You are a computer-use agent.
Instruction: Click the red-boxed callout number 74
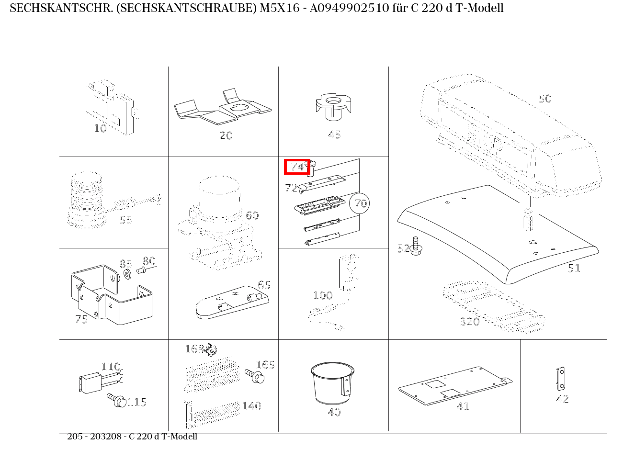click(x=297, y=167)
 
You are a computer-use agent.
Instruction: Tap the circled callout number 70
click(x=359, y=203)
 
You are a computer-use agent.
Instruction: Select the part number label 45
click(x=334, y=135)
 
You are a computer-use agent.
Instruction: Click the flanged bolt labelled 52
click(x=416, y=246)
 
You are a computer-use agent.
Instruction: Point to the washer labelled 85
click(x=127, y=274)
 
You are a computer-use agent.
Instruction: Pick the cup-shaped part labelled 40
click(x=332, y=383)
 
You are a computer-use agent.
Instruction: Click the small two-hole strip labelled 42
click(x=560, y=379)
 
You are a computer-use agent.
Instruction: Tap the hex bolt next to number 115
click(x=116, y=400)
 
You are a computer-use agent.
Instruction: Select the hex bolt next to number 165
click(x=255, y=376)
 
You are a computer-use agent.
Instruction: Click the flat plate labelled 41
click(x=455, y=386)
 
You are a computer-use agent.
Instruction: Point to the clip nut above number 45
click(x=333, y=107)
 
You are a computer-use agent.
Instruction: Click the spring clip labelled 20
click(x=223, y=107)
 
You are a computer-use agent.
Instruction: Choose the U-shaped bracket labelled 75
click(x=112, y=294)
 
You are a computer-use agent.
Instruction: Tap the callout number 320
click(x=469, y=322)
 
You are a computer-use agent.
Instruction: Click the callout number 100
click(x=323, y=295)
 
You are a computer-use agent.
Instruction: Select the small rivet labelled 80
click(x=141, y=270)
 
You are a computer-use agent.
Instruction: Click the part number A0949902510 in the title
click(x=350, y=8)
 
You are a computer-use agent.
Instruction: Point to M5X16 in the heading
click(x=280, y=8)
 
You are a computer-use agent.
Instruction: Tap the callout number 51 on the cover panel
click(x=574, y=268)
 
